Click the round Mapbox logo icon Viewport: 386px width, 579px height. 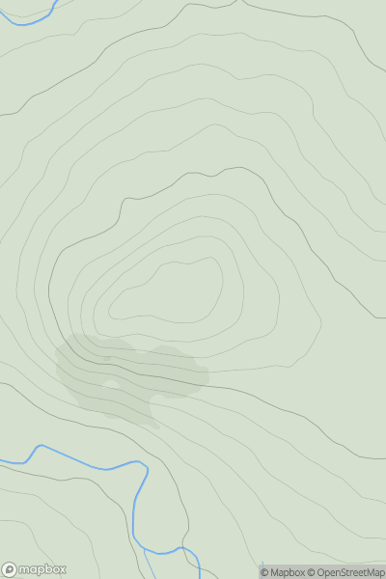pos(11,569)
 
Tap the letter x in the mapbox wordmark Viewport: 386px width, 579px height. pos(62,569)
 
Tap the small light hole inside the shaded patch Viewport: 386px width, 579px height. pos(111,385)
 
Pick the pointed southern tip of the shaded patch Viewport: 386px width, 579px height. pos(155,426)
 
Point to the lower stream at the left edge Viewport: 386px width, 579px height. pos(4,461)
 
